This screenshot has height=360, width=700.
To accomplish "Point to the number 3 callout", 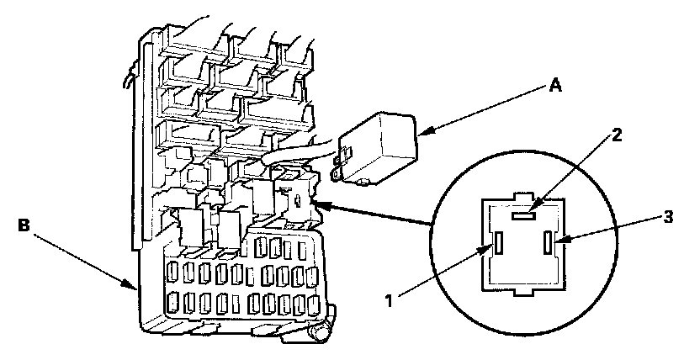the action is (x=667, y=218).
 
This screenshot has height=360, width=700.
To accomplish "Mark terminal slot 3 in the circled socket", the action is (x=550, y=245).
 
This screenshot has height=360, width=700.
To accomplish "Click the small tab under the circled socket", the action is (x=522, y=291).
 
